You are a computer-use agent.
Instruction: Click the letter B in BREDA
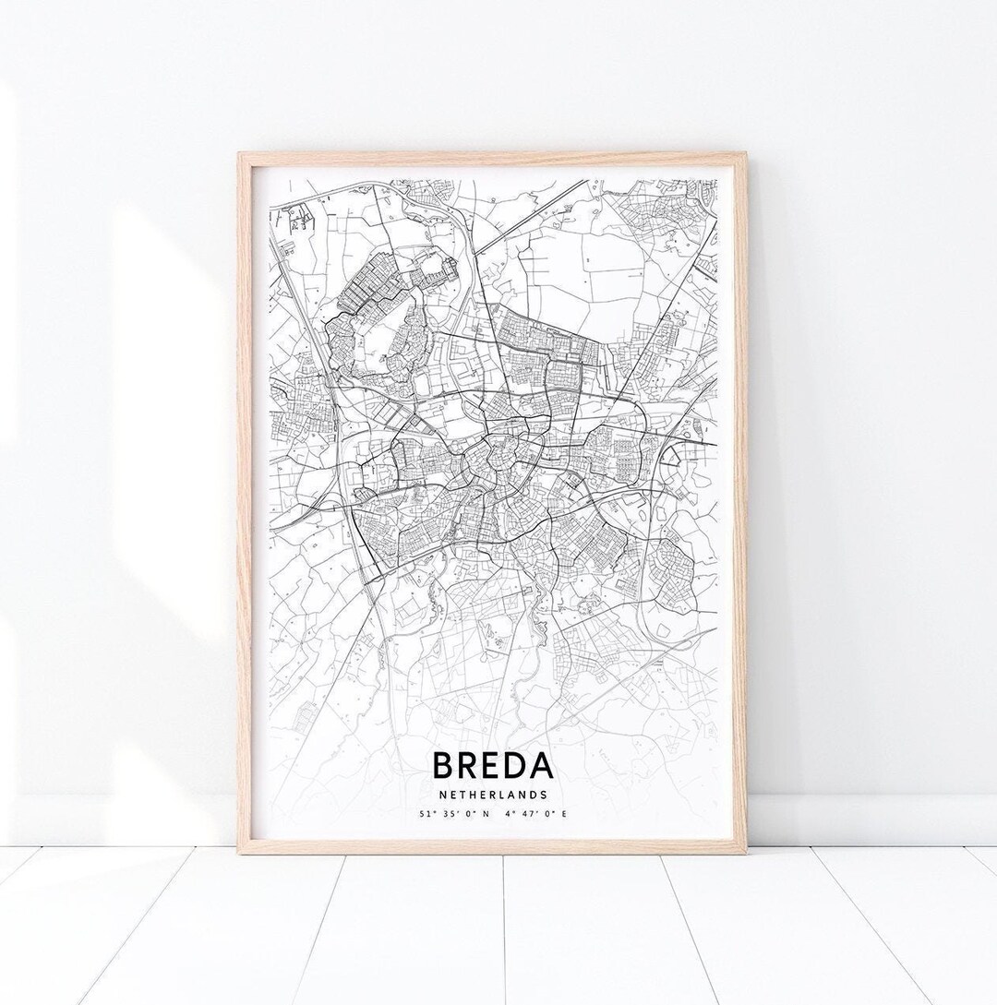click(442, 766)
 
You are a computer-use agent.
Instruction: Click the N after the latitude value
click(474, 814)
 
